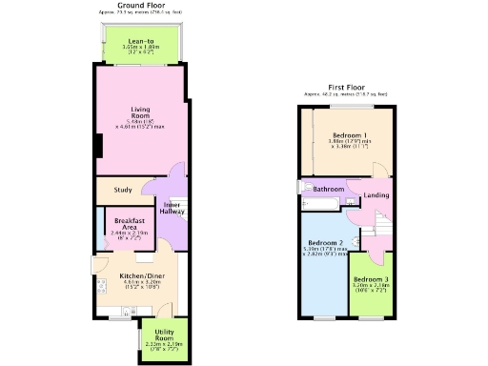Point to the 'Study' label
pyautogui.click(x=122, y=190)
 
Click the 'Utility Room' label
pyautogui.click(x=164, y=335)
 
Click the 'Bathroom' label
pyautogui.click(x=329, y=190)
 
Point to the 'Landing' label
pyautogui.click(x=376, y=195)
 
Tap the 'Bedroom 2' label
pyautogui.click(x=324, y=243)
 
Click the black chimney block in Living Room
pyautogui.click(x=98, y=146)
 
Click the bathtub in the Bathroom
pyautogui.click(x=321, y=203)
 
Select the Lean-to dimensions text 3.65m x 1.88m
pyautogui.click(x=143, y=49)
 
